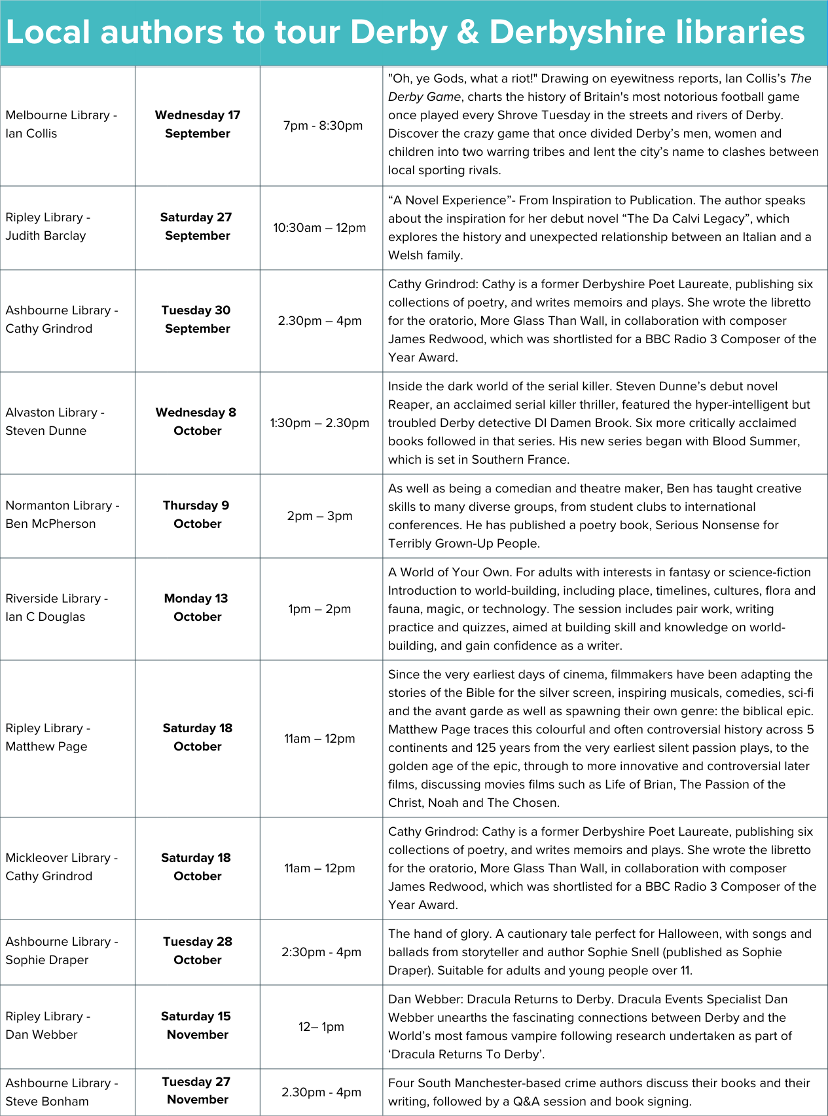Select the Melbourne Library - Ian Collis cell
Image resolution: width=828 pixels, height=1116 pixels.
[62, 124]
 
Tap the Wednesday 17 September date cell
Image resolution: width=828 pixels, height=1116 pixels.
[197, 124]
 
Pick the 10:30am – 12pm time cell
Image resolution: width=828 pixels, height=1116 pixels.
[319, 228]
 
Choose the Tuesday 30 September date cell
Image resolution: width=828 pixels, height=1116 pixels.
[197, 320]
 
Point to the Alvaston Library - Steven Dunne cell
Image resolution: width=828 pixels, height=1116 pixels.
[55, 422]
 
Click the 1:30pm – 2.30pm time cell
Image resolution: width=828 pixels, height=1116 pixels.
[319, 423]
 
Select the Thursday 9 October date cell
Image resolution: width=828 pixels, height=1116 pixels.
[197, 515]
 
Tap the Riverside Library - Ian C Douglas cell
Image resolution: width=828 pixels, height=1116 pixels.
[56, 608]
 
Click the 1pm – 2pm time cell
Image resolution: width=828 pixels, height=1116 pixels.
[319, 609]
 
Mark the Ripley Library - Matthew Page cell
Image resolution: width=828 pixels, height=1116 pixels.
[48, 737]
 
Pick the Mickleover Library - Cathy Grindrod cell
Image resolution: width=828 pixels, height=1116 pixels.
[62, 867]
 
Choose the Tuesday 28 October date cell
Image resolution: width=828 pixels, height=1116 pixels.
[197, 951]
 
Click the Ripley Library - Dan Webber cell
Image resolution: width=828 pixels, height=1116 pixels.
[48, 1026]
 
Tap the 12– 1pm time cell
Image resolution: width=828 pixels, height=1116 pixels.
[321, 1027]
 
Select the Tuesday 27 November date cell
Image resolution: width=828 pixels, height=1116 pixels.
[197, 1091]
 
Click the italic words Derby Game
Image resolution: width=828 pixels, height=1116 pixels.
[425, 97]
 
